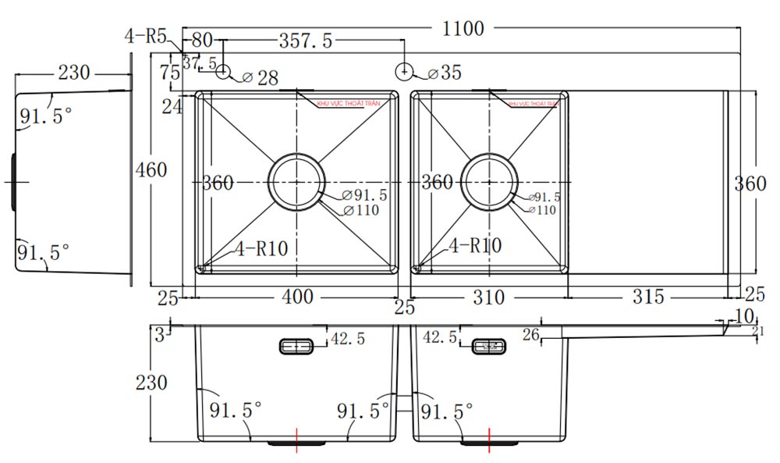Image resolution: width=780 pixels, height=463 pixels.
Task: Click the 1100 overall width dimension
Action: click(463, 29)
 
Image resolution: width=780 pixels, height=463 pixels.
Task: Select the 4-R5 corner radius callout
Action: click(146, 35)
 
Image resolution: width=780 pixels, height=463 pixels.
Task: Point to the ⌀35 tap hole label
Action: click(445, 73)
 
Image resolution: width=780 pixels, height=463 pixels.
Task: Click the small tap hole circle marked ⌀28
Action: click(224, 72)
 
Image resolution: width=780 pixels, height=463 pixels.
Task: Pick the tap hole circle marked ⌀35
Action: click(405, 72)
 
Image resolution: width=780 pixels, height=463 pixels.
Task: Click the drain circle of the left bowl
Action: click(296, 182)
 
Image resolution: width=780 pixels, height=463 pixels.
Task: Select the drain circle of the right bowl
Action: click(488, 182)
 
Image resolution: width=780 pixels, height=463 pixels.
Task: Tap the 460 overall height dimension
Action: click(151, 169)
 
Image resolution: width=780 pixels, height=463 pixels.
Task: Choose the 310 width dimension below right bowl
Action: click(488, 297)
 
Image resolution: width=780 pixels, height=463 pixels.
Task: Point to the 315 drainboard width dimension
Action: click(648, 297)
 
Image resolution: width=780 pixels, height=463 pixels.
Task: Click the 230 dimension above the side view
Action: click(74, 73)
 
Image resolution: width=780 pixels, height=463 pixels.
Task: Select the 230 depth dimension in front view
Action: click(151, 383)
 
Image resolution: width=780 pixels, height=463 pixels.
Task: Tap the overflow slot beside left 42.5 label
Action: click(296, 345)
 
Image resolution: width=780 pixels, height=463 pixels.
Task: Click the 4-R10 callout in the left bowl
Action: click(261, 249)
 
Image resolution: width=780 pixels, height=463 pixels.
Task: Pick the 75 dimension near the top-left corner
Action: click(169, 73)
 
